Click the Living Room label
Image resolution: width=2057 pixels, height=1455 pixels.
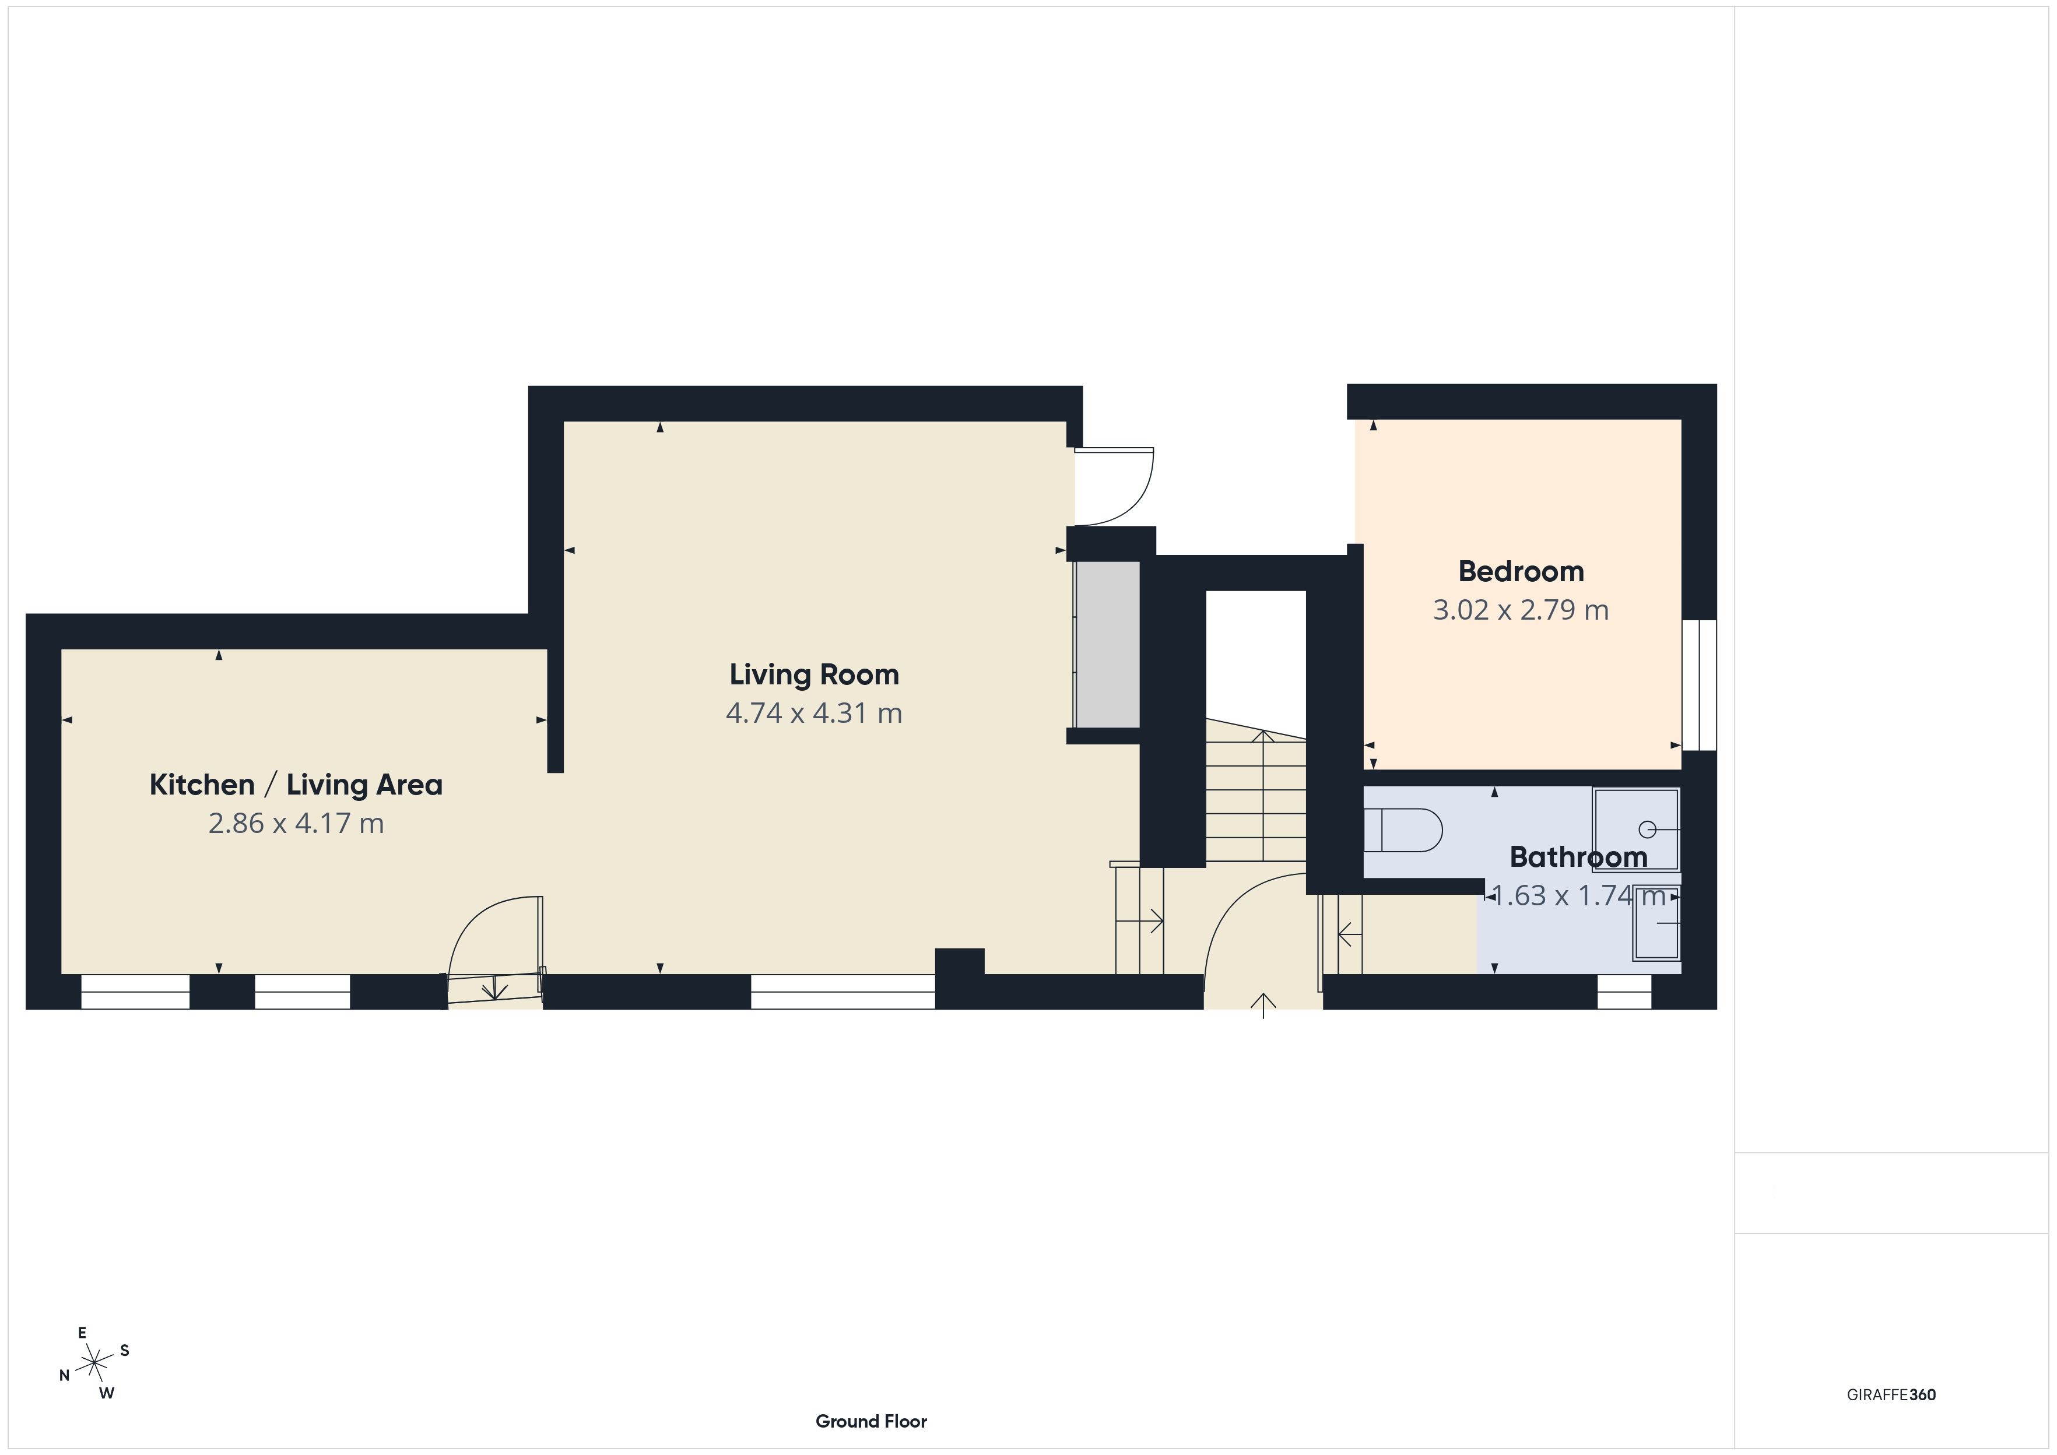(813, 674)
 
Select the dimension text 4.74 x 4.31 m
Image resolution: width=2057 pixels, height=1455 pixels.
(813, 713)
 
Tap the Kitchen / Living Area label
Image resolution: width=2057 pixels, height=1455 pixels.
(296, 785)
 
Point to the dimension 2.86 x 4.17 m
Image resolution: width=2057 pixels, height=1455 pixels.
(296, 823)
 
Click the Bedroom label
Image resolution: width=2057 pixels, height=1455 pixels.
(1521, 572)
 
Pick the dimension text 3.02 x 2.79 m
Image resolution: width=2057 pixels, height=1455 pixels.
(1521, 610)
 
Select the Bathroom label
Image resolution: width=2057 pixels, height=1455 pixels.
(1578, 857)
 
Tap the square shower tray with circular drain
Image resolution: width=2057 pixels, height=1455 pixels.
(1636, 830)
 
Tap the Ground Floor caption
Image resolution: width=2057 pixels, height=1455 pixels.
(871, 1421)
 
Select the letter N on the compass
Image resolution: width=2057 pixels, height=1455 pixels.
(65, 1375)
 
